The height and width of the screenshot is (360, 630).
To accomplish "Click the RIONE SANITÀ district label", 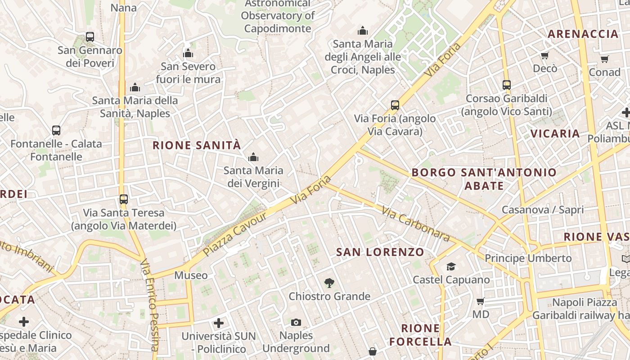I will (x=197, y=145).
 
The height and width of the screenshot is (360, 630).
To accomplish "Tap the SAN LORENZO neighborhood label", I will (x=380, y=252).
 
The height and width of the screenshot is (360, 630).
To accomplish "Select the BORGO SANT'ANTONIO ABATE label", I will (x=484, y=179).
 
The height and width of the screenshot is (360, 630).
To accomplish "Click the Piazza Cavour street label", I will (x=235, y=234).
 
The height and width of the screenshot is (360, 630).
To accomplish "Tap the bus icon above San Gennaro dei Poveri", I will (x=90, y=37).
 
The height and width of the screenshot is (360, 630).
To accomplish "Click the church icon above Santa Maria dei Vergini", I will (x=253, y=157).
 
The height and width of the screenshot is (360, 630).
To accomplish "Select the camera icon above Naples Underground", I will (x=296, y=322).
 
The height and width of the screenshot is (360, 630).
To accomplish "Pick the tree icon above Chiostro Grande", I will (x=329, y=283).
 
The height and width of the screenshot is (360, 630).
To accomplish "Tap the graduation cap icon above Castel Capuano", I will (x=451, y=266).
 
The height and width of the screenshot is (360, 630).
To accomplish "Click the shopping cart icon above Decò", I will (x=545, y=55).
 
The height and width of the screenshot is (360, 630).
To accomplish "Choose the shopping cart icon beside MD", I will (x=481, y=301).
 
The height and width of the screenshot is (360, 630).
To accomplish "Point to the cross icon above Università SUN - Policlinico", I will (x=219, y=323).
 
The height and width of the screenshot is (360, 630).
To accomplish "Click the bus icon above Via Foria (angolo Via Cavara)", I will (x=395, y=105).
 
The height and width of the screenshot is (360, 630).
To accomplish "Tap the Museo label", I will (x=191, y=275).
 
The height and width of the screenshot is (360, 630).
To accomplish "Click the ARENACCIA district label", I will (x=583, y=34).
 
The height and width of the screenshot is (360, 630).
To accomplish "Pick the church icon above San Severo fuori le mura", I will (x=188, y=54).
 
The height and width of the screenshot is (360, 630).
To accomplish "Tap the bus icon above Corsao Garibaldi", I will (x=507, y=85).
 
